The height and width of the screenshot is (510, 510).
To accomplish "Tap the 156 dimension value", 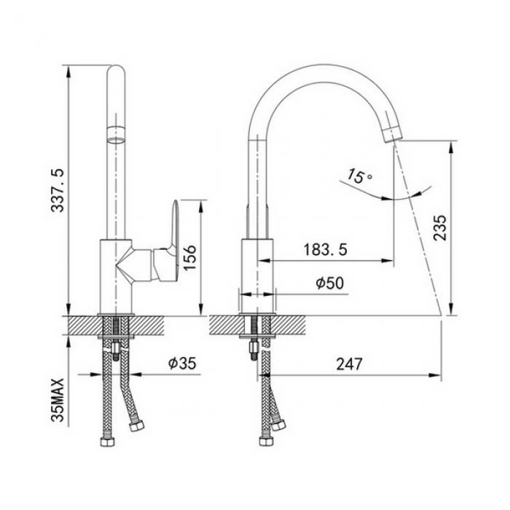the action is point(189,257).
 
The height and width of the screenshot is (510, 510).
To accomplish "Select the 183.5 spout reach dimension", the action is point(325,250).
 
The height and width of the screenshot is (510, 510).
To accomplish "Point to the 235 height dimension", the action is point(440,227).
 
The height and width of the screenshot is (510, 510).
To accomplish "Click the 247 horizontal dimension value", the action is point(349,364).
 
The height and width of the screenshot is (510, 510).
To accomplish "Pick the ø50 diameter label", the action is point(329,283).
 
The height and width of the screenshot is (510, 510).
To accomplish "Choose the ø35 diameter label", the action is point(182,364).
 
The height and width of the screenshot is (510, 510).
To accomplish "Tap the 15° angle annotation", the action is point(359,176).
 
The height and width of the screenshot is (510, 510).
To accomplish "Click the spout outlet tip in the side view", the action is point(392,135).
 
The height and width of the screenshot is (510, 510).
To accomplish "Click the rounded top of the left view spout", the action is point(116,70).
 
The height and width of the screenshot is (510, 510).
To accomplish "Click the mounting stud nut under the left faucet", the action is point(116,348).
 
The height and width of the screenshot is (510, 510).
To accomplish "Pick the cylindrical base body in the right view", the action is point(257,276).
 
